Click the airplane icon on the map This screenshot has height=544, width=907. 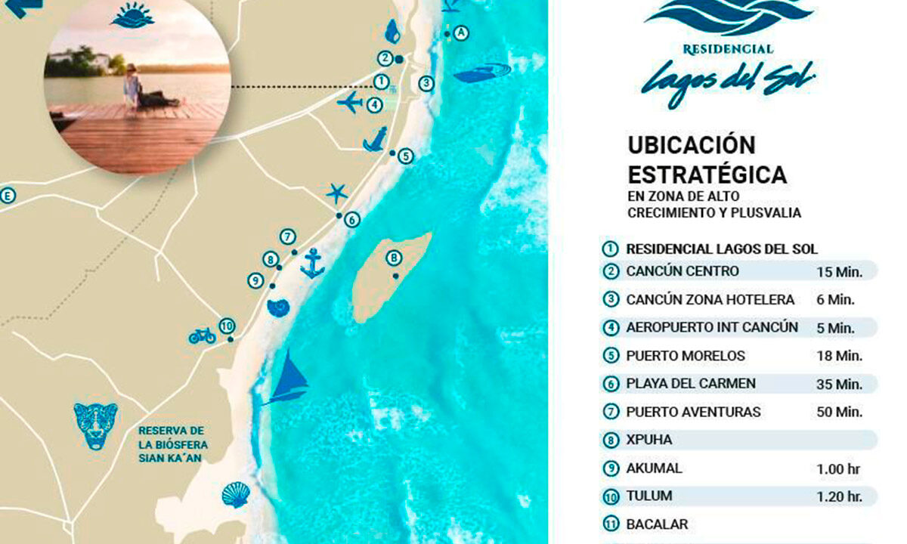coord(350,102)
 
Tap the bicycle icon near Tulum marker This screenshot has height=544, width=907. coord(202,335)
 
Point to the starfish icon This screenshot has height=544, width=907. coord(337,193)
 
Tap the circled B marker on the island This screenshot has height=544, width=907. coord(393,258)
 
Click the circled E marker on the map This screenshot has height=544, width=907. coord(8,196)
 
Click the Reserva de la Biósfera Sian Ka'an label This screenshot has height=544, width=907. coord(172,444)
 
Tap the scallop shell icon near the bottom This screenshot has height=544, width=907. coord(236,494)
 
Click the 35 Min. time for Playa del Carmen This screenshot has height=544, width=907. coord(839,384)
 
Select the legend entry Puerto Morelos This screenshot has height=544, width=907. coord(686,355)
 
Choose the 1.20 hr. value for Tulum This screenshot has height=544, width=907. coord(839,496)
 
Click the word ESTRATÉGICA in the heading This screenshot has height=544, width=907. coord(707,175)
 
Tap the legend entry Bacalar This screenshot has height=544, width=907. coord(657,524)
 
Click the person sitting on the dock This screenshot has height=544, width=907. coord(133,85)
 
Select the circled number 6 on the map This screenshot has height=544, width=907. coord(351,220)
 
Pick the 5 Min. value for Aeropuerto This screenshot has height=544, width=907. coord(835,328)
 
